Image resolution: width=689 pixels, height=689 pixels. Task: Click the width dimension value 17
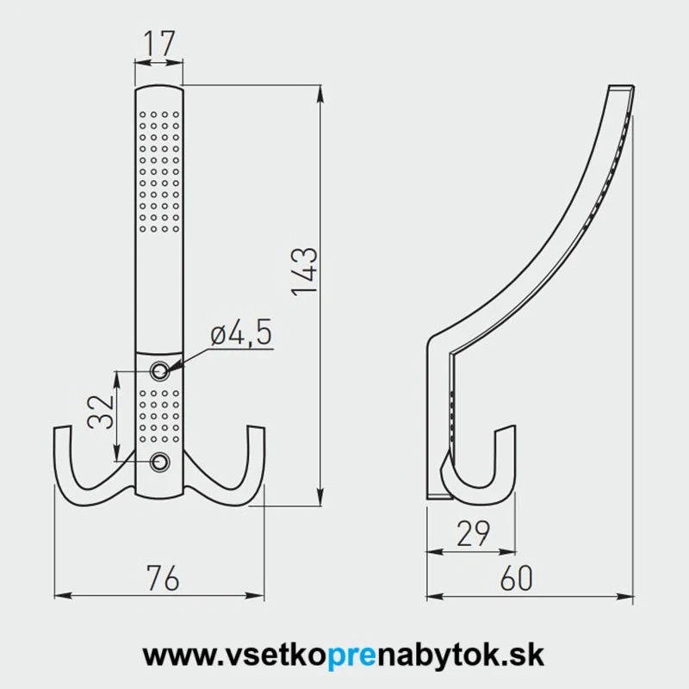pos(159,42)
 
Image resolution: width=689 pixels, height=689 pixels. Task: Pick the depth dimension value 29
pos(472,535)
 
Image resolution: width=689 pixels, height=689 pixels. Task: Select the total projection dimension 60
pos(516,579)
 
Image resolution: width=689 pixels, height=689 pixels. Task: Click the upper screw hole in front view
pos(159,371)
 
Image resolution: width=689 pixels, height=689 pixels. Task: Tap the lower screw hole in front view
pos(159,462)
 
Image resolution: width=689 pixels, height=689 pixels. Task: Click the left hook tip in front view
pos(61,431)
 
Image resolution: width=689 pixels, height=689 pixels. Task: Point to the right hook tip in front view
pos(257,431)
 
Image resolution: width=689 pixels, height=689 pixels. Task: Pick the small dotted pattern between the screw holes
pos(159,417)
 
